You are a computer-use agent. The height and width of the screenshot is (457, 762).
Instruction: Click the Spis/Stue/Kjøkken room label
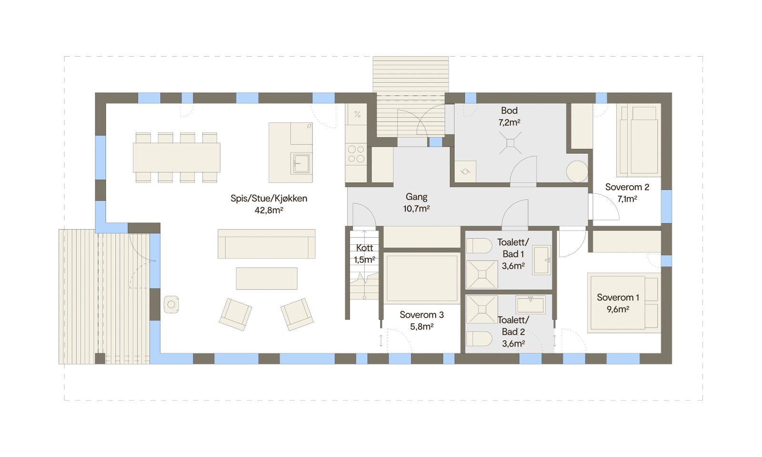point(269,199)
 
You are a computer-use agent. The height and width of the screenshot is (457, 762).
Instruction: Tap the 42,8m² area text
point(269,210)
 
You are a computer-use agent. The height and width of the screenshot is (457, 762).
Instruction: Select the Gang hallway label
point(416,197)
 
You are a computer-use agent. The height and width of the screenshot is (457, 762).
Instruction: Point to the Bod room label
point(509,110)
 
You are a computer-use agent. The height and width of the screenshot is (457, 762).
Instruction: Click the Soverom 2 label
point(627,187)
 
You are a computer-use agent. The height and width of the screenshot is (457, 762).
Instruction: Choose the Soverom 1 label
point(618,298)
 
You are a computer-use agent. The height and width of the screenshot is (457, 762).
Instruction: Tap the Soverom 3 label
point(421,315)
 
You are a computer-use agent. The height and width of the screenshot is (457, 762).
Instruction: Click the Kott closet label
point(364,248)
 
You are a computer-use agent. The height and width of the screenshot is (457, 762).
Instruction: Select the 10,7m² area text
point(416,209)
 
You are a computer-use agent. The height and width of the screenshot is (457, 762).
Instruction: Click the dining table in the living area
point(176,158)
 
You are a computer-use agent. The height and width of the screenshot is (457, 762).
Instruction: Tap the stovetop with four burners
point(356,154)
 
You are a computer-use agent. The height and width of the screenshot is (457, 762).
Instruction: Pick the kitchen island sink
point(301,164)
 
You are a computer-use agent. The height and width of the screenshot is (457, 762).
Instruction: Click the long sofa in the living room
point(266,244)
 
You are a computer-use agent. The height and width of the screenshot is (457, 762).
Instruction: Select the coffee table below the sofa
point(267,278)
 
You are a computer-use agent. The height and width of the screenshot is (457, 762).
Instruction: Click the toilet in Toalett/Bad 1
point(479,246)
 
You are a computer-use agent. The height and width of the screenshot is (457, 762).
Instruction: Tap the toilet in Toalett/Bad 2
point(479,339)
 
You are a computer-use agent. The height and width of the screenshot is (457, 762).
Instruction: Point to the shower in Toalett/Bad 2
point(482,309)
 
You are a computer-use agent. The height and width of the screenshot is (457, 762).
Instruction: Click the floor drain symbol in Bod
point(510,143)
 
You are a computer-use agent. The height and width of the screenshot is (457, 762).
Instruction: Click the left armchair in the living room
point(235,314)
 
